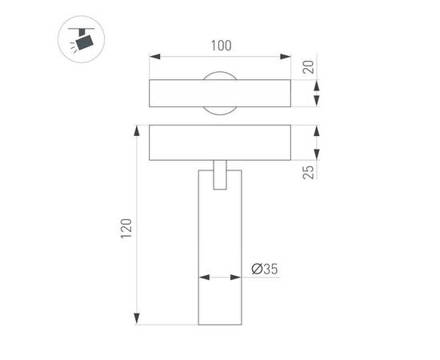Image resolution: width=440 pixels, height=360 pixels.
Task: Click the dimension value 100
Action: [x=222, y=46]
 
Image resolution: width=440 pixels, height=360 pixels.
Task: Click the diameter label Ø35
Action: [x=264, y=270]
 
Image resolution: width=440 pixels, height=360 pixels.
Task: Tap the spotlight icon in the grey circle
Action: [x=81, y=39]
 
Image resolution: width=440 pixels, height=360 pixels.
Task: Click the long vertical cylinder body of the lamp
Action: [x=220, y=256]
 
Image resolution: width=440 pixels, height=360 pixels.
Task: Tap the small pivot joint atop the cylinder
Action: [x=220, y=176]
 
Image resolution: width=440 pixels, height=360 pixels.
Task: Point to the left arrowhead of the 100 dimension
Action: [x=155, y=57]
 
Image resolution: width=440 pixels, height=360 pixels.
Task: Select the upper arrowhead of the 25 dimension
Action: [x=317, y=130]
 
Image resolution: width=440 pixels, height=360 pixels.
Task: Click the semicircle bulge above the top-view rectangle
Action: [x=221, y=76]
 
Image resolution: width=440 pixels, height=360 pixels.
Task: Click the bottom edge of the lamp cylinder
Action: [x=220, y=324]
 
